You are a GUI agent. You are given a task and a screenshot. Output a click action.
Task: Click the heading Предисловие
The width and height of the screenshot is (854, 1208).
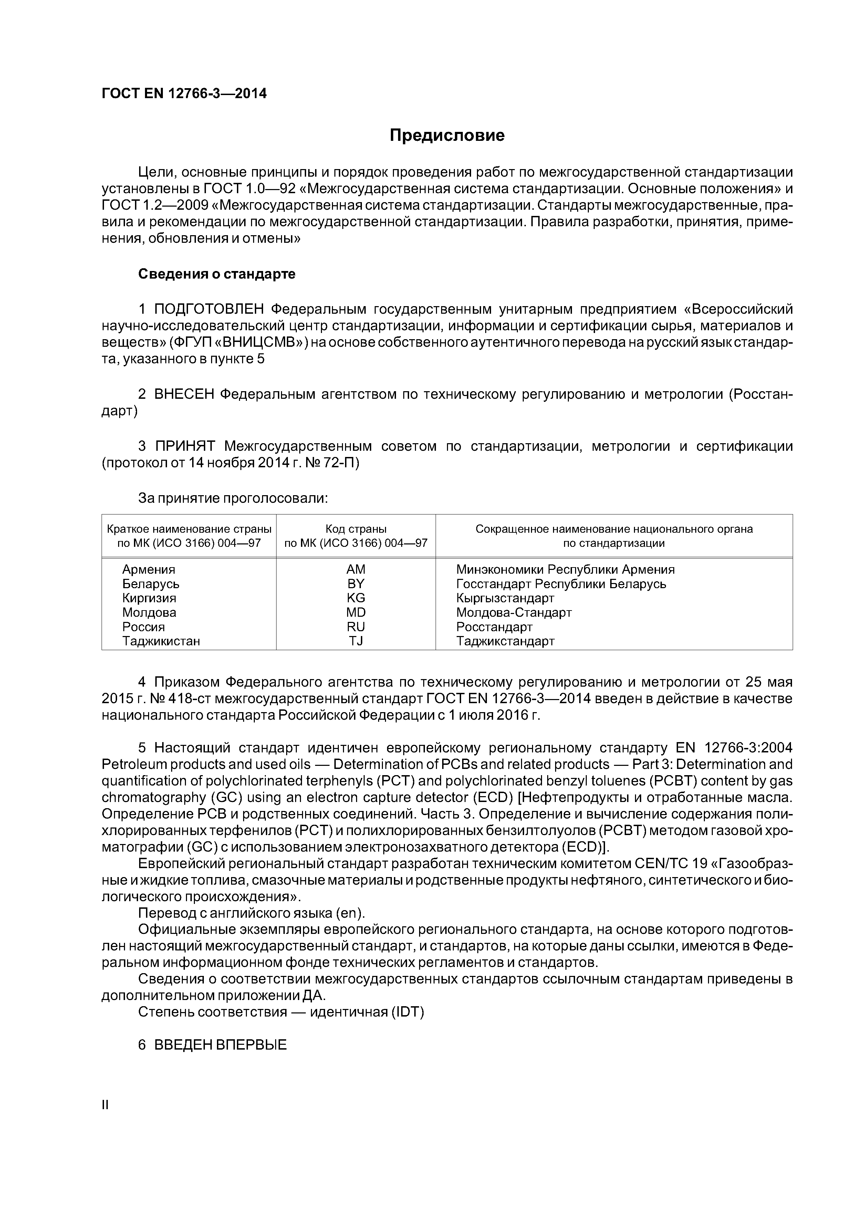coord(447,136)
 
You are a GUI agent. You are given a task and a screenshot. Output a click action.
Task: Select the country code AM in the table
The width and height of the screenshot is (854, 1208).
coord(356,569)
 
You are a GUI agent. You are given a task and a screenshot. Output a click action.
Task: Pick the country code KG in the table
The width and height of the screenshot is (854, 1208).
coord(356,598)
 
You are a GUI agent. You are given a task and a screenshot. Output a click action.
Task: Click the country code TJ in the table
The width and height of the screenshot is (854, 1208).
coord(356,641)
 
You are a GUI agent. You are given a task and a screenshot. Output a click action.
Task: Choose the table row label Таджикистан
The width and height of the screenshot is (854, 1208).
coord(161,641)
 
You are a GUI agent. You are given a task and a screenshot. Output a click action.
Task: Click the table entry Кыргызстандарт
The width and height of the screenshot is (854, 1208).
coord(505,598)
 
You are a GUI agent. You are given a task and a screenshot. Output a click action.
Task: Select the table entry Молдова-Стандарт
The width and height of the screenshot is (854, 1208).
coord(513,612)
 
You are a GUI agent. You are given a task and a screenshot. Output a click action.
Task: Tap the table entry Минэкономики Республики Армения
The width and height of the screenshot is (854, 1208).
coord(565,569)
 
